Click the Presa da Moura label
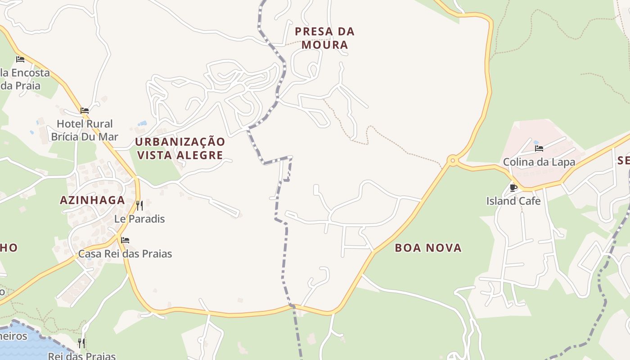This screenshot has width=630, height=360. [x=324, y=38]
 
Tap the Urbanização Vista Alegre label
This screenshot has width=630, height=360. [x=180, y=148]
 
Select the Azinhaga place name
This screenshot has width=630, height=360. [x=92, y=200]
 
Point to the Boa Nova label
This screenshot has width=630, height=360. [x=428, y=247]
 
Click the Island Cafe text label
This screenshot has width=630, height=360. [x=513, y=201]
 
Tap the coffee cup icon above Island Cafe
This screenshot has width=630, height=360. [x=513, y=187]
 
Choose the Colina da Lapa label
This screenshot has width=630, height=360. [x=539, y=162]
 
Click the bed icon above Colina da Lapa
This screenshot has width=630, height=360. [x=539, y=148]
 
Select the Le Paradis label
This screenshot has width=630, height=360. [x=139, y=219]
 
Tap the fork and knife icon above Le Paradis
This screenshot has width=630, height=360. [x=139, y=206]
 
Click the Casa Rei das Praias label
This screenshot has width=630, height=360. [x=125, y=254]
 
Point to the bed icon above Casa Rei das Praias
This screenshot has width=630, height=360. [x=125, y=240]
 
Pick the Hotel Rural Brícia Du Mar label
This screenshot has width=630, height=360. [x=85, y=130]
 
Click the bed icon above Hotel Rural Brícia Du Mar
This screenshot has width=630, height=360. [x=85, y=111]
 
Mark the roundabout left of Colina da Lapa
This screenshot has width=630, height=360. [x=452, y=160]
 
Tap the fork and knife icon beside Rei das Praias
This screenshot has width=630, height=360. [x=81, y=343]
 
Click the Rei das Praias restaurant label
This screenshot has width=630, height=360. [x=82, y=356]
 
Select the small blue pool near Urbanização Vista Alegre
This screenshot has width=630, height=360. [x=142, y=123]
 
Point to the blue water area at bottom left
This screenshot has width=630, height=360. [x=27, y=346]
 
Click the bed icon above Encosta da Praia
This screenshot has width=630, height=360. [x=20, y=59]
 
